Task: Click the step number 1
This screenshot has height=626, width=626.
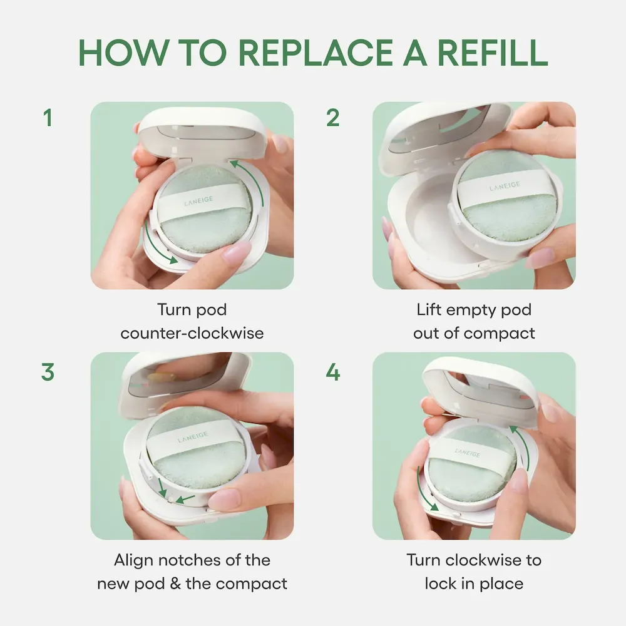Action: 48,118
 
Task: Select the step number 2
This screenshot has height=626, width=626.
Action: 333,118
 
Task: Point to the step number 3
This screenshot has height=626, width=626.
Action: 48,372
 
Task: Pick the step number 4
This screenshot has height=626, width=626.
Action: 333,372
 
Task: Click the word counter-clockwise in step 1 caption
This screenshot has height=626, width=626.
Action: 192,333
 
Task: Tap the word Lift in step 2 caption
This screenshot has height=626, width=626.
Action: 429,309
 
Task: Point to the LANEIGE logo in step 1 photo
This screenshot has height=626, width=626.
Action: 198,201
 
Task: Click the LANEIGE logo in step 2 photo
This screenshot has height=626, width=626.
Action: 505,186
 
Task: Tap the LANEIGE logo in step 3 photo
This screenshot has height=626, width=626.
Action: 193,437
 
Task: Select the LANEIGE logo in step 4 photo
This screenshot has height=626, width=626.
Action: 467,453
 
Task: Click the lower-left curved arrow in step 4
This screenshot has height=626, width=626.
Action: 425,490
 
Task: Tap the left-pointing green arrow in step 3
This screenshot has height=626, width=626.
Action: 185,499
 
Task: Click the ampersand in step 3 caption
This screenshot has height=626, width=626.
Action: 175,583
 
